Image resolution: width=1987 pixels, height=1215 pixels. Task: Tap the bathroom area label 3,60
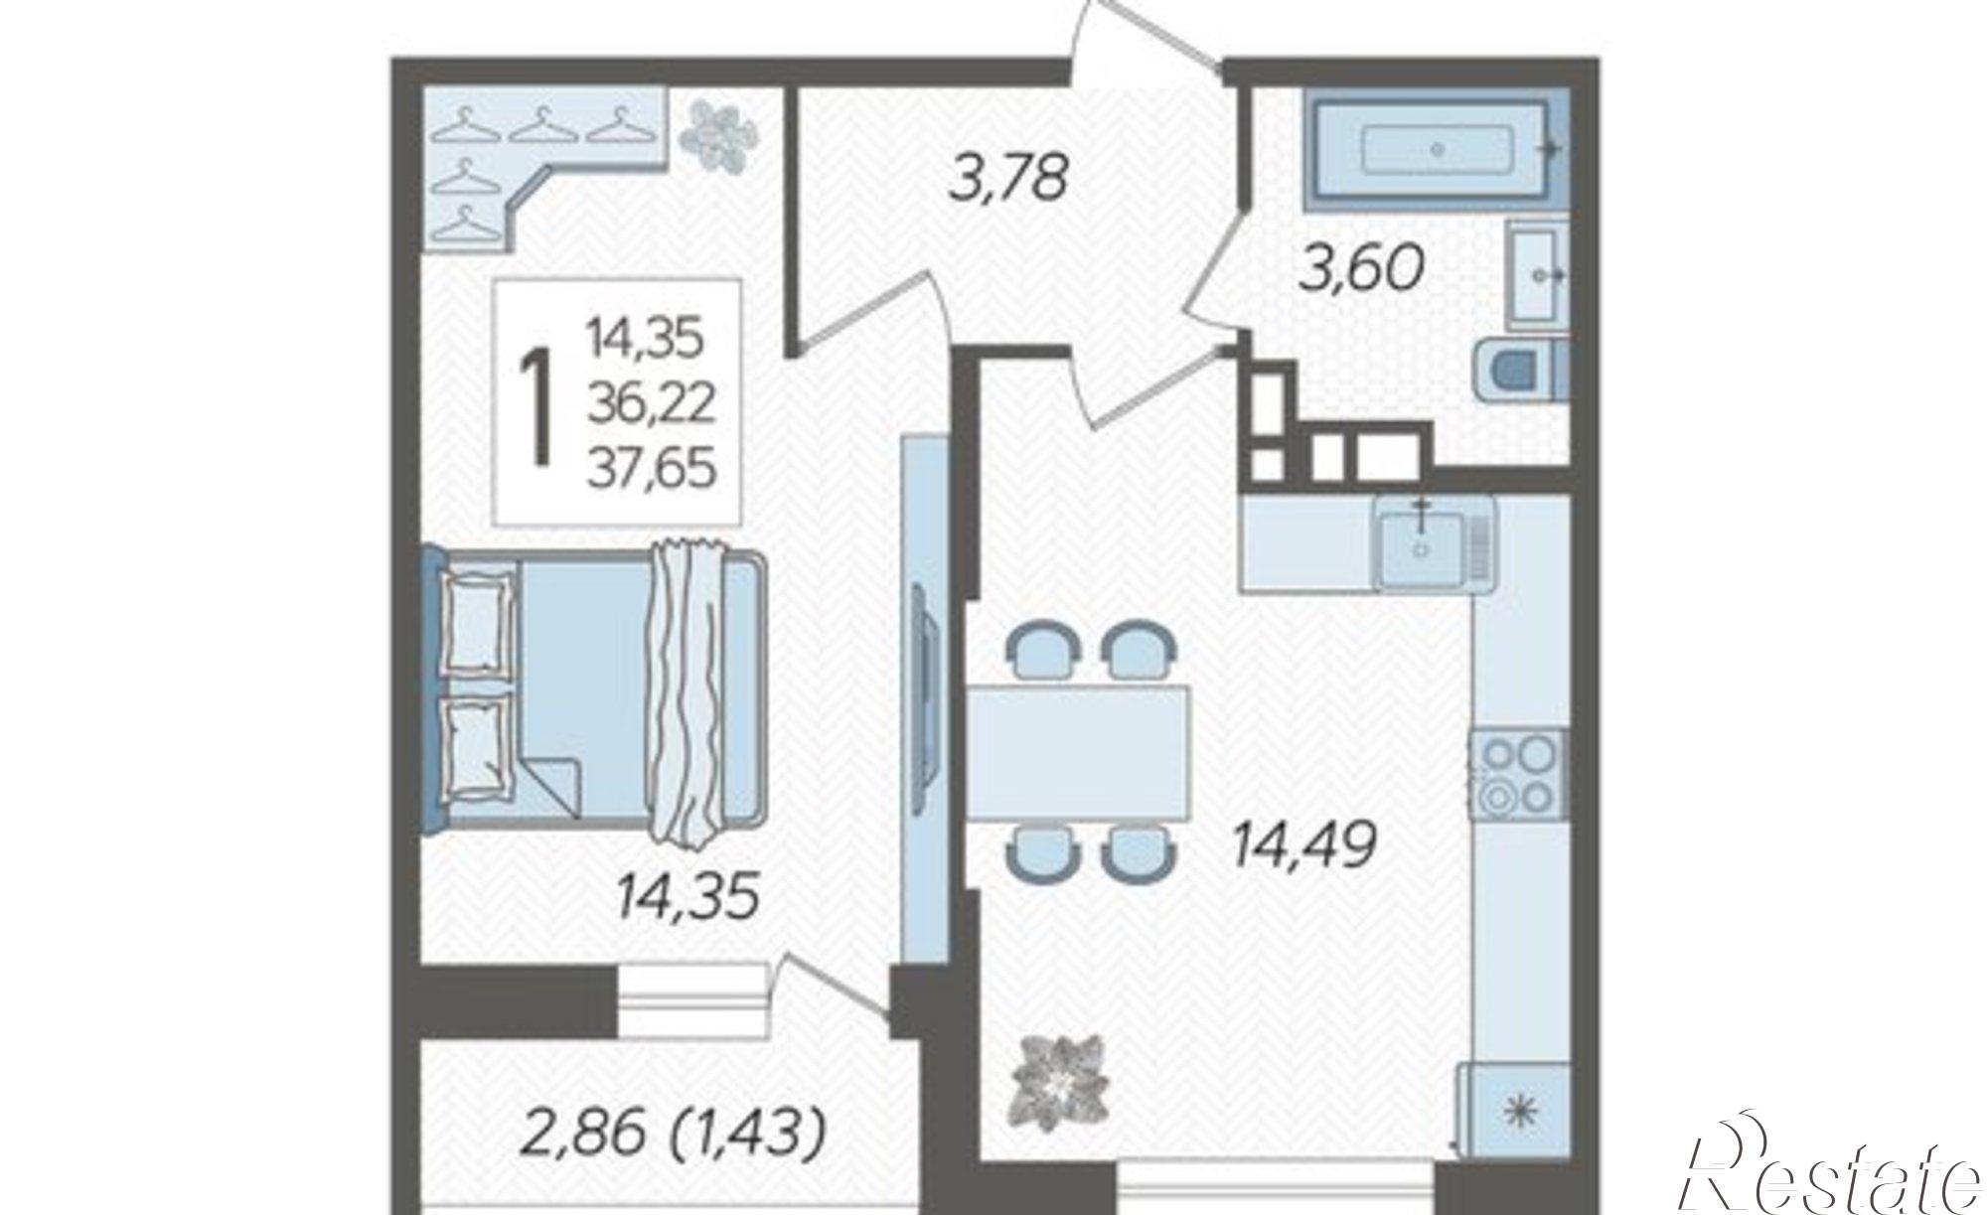coord(1362,268)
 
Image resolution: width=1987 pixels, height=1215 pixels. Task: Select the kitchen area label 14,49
coord(1303,846)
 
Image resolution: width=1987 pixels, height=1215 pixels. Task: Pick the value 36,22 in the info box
coord(651,402)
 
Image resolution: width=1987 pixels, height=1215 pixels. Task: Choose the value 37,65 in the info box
coord(651,467)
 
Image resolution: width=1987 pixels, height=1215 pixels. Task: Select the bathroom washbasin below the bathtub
coord(1538,273)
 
